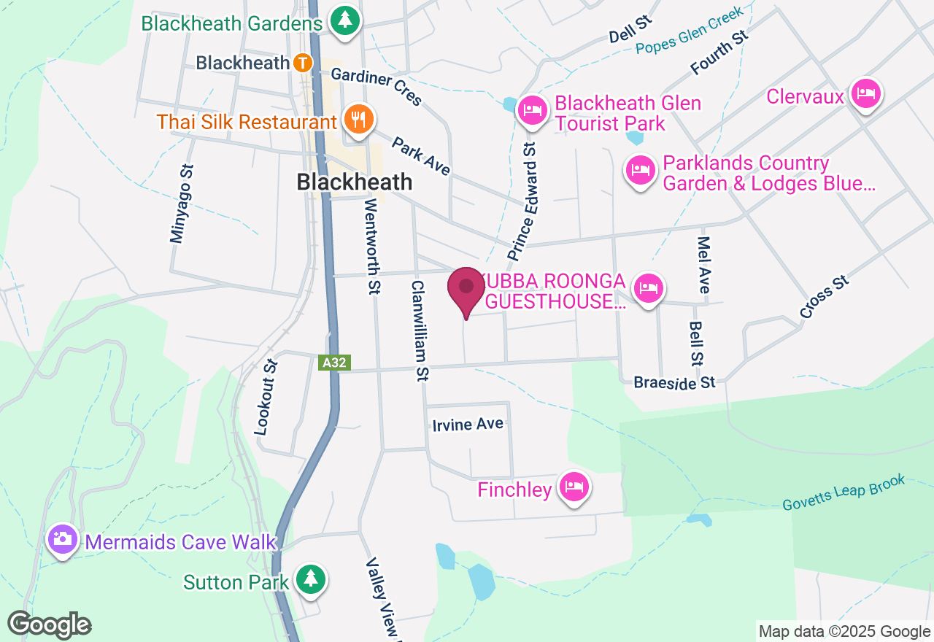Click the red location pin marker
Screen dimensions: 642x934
coord(466,290)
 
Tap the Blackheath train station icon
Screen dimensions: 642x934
coord(303,63)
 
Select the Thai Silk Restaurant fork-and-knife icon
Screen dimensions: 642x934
coord(357,120)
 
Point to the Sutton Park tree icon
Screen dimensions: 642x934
coord(311,580)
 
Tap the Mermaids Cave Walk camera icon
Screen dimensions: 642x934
coord(63,540)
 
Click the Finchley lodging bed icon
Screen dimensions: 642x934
coord(574,487)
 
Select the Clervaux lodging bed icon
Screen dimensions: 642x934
coord(865,94)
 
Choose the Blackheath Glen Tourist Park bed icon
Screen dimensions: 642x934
coord(533,111)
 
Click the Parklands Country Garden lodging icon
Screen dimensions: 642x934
coord(640,171)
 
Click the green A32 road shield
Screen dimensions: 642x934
coord(335,362)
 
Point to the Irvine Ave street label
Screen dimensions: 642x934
coord(468,425)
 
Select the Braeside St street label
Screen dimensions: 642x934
coord(674,382)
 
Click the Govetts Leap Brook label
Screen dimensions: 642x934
coord(844,493)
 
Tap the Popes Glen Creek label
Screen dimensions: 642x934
coord(689,31)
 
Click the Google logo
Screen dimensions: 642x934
coord(49,625)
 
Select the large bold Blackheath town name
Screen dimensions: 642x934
coord(355,182)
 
